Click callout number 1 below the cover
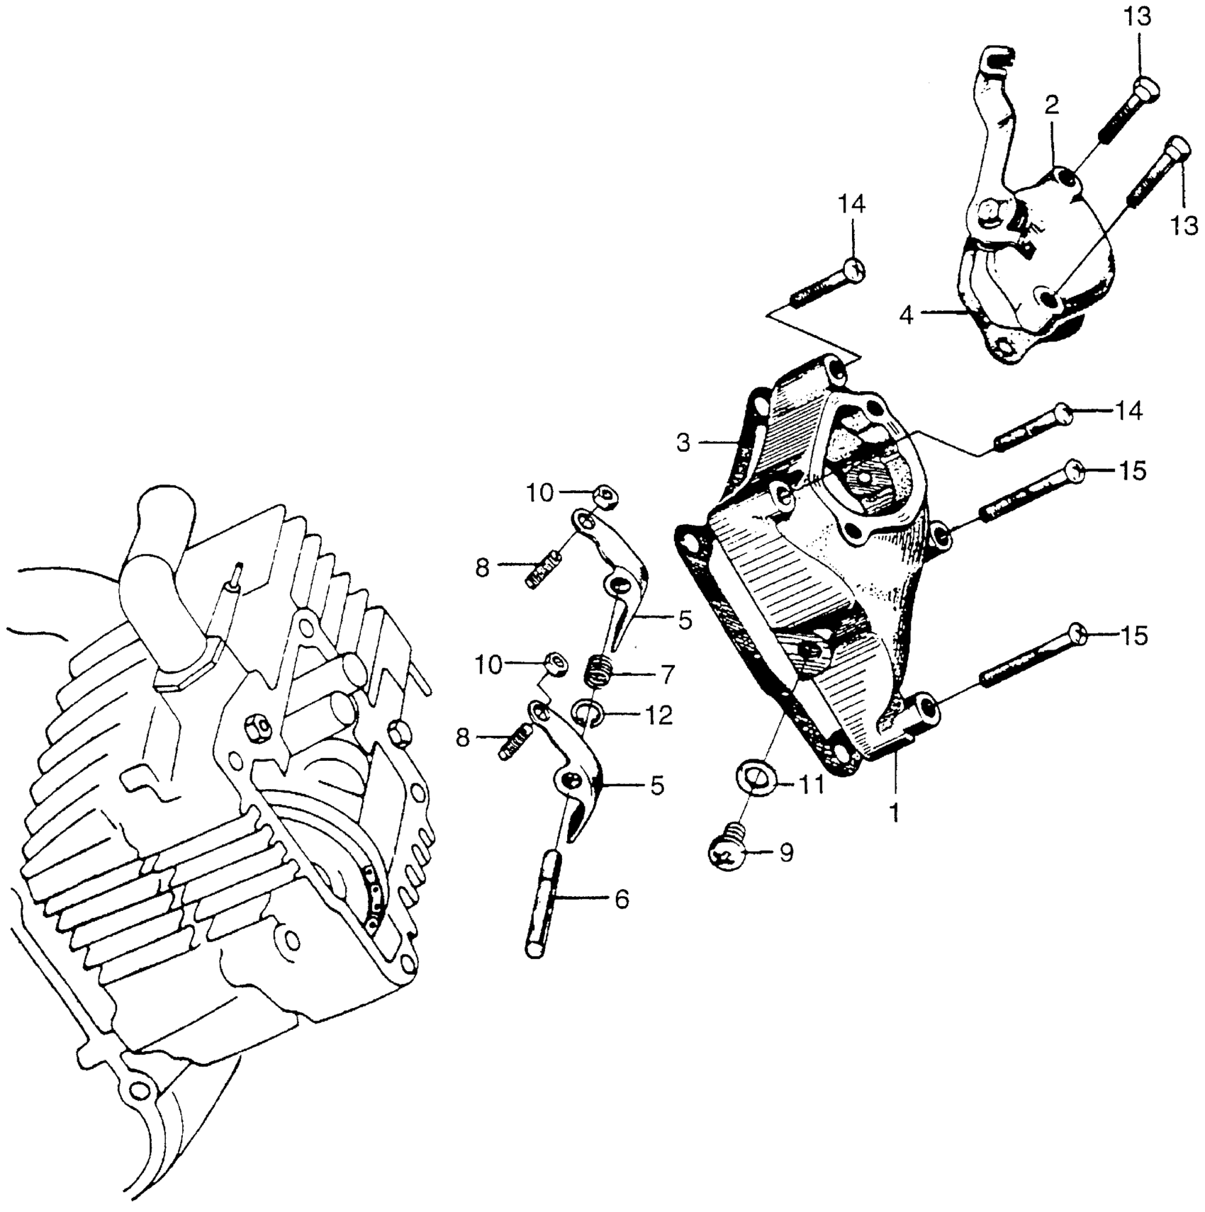coord(895,811)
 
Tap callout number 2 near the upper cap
coord(1052,106)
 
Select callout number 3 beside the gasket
coord(683,443)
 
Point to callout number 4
coord(907,315)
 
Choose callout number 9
coord(786,853)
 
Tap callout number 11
coord(812,784)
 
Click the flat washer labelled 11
coord(758,778)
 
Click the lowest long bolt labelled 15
coord(1028,657)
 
